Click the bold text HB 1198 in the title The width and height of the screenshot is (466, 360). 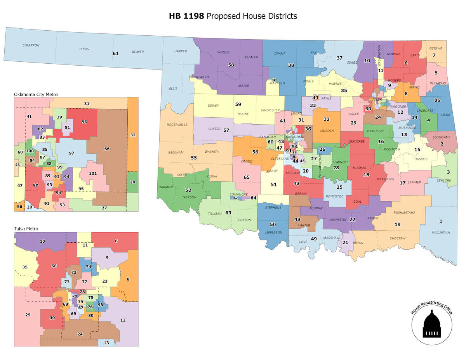(187, 16)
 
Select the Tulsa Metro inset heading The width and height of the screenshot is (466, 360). (26, 229)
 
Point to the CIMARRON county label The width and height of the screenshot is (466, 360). (31, 45)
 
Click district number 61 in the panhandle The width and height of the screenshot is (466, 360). (115, 53)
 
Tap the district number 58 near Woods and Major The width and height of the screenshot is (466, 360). (231, 65)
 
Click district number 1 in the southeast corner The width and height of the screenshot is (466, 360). (440, 221)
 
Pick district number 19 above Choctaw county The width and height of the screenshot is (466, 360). (397, 224)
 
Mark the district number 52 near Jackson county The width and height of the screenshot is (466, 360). (188, 190)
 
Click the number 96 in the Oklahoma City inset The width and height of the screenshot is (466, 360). (84, 122)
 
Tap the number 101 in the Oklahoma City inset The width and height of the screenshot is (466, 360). (92, 174)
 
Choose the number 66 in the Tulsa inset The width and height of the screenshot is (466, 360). (54, 266)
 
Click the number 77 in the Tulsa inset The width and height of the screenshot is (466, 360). (84, 282)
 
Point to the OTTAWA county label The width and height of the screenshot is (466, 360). (435, 49)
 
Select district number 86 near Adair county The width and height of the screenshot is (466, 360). (437, 100)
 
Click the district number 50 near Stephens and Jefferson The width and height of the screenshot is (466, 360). (273, 224)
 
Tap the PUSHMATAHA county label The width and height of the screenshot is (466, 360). (404, 213)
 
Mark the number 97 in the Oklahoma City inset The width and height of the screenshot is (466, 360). (71, 153)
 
